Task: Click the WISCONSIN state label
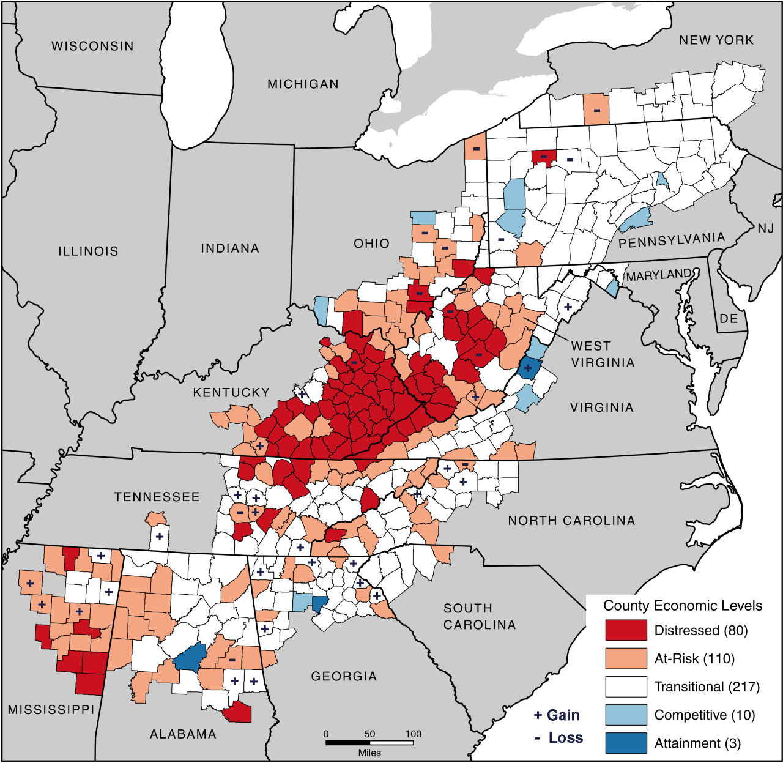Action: pyautogui.click(x=92, y=47)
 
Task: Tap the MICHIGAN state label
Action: pyautogui.click(x=303, y=84)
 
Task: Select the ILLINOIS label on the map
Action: pyautogui.click(x=88, y=251)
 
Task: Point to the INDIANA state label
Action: pyautogui.click(x=230, y=248)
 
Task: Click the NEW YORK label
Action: pyautogui.click(x=716, y=40)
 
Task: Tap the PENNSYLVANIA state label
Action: pyautogui.click(x=671, y=240)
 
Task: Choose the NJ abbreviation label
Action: pyautogui.click(x=765, y=229)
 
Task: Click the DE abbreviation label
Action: pyautogui.click(x=729, y=319)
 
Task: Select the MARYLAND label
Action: pyautogui.click(x=659, y=276)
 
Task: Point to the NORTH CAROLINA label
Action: pyautogui.click(x=571, y=521)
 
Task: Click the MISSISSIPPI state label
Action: pyautogui.click(x=51, y=710)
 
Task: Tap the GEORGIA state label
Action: pyautogui.click(x=344, y=677)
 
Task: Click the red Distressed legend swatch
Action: pyautogui.click(x=626, y=630)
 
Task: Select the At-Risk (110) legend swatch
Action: pyautogui.click(x=626, y=658)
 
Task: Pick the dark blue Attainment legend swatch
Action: pyautogui.click(x=626, y=743)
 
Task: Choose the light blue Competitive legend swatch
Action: pyautogui.click(x=626, y=715)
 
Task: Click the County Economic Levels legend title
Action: pyautogui.click(x=683, y=606)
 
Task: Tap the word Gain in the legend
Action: pyautogui.click(x=563, y=715)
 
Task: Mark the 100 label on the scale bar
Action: pyautogui.click(x=413, y=734)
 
